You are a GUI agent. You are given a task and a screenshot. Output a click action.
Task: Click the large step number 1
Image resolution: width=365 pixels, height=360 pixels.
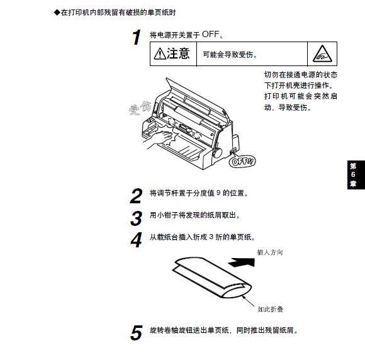point(137,37)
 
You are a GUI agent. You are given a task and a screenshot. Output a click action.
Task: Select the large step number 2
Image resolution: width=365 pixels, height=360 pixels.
point(137,196)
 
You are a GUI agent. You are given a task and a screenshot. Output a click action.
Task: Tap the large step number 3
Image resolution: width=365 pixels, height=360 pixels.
point(137,218)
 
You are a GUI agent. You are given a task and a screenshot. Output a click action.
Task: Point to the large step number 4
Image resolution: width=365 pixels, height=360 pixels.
point(137,240)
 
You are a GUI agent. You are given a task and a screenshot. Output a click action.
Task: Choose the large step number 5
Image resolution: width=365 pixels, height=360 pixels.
point(137,333)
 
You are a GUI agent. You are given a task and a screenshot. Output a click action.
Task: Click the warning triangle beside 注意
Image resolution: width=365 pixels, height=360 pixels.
point(160,53)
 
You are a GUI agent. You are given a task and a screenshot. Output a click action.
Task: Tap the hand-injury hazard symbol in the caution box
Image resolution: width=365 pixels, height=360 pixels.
point(322,53)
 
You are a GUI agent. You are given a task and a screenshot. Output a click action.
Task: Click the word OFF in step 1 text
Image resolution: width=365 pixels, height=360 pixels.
point(211,34)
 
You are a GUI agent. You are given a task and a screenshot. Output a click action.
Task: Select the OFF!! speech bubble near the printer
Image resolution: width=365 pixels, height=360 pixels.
point(242,161)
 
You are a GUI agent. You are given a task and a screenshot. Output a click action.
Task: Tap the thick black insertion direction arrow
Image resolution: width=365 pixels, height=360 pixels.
point(242,262)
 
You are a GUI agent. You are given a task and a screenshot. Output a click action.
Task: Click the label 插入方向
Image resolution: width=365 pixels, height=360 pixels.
point(270,252)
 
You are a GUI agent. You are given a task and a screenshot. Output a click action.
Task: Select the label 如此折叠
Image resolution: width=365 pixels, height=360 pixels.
point(270,310)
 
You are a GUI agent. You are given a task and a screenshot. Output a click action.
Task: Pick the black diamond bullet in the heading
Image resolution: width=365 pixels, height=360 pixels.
point(57,13)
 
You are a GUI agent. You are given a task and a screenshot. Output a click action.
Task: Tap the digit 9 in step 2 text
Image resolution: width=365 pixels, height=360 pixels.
point(218,193)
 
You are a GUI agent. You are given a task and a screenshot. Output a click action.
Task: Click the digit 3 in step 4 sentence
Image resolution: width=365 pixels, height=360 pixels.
point(211,237)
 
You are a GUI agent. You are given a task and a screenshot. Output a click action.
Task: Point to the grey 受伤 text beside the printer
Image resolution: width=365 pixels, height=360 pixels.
point(140,108)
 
